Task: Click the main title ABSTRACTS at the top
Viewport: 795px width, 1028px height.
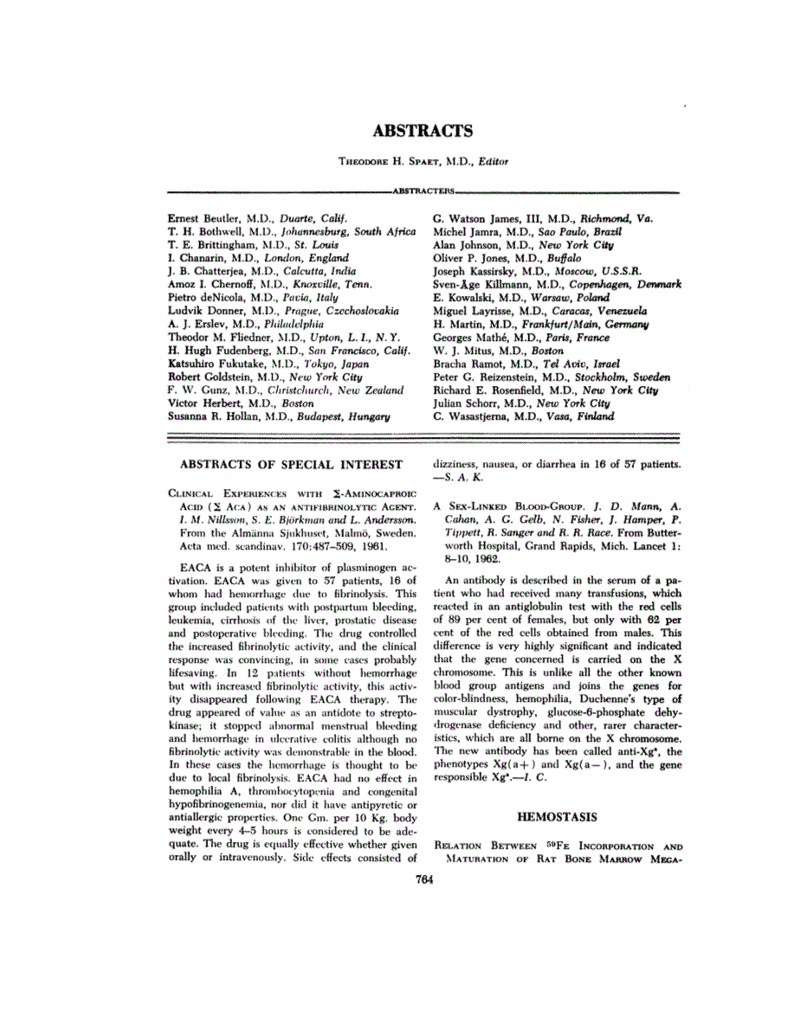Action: (x=423, y=131)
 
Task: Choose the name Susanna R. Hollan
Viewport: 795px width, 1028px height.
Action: (x=205, y=416)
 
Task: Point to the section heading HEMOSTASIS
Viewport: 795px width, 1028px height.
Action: (x=557, y=815)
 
